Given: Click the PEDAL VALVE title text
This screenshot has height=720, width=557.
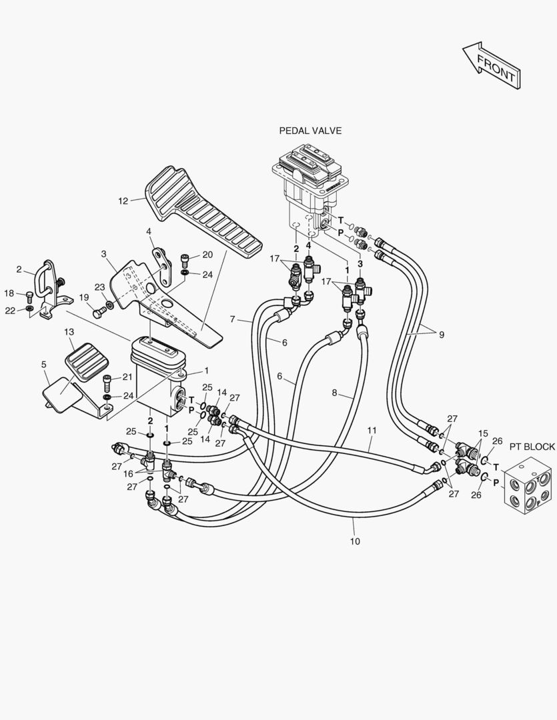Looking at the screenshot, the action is click(310, 131).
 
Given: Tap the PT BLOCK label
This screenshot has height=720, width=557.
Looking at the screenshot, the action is click(532, 447).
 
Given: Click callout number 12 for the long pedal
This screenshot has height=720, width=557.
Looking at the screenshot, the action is click(123, 201).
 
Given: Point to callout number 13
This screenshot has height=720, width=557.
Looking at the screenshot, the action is click(69, 331).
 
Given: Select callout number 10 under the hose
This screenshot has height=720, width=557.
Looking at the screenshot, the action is click(355, 541).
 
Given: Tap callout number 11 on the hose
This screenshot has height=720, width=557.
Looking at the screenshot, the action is click(372, 430).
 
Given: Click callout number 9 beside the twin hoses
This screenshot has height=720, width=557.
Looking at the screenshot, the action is click(442, 335).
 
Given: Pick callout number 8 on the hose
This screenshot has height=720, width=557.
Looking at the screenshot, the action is click(335, 393).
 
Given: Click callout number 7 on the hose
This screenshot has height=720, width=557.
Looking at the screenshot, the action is click(233, 319).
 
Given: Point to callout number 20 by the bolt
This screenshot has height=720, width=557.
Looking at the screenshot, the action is click(207, 255).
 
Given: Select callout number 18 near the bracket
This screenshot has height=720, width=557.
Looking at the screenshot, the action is click(9, 293).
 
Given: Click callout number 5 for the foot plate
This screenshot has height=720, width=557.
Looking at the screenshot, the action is click(43, 365).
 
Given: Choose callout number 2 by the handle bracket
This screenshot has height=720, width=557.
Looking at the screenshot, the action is click(19, 269).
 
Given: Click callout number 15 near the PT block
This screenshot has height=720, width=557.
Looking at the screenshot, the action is click(483, 433).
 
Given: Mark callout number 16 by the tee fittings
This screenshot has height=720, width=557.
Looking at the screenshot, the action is click(128, 473).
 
